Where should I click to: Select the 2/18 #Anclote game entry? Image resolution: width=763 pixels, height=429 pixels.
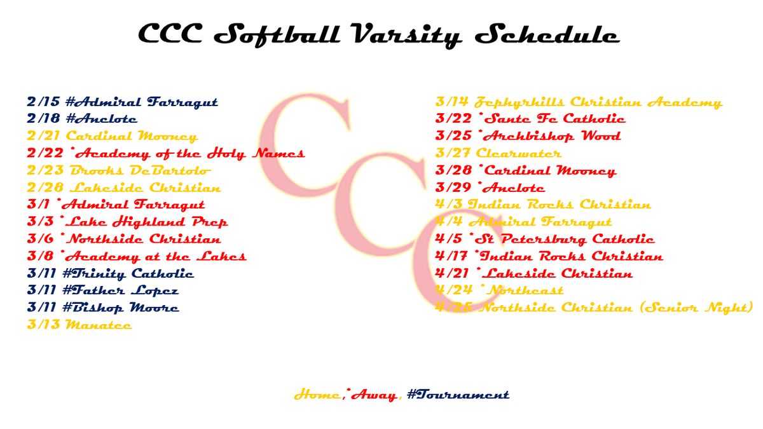click(x=82, y=119)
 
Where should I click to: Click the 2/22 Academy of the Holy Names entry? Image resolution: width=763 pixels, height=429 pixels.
click(x=166, y=153)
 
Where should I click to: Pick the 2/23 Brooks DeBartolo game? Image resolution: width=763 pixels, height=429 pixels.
click(x=119, y=170)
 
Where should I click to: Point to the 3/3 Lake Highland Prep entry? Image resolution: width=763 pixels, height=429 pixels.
click(x=127, y=222)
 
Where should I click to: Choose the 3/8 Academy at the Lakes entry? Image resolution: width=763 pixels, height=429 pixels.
click(x=137, y=256)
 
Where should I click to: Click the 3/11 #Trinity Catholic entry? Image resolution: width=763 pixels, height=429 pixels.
click(x=111, y=273)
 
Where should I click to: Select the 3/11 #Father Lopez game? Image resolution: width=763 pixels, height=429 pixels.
click(x=103, y=290)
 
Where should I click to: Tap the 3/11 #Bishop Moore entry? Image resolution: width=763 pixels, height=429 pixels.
click(x=103, y=308)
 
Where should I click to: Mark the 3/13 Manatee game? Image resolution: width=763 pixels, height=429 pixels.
click(x=79, y=325)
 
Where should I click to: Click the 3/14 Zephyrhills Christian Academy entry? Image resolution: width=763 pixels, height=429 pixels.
click(x=579, y=102)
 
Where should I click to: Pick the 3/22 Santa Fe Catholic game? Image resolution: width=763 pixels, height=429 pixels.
click(x=530, y=119)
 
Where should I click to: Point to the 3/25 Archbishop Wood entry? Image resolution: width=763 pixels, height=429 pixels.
click(x=528, y=136)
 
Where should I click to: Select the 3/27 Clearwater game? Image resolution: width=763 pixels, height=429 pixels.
click(x=498, y=153)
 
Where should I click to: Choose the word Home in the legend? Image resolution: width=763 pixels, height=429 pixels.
click(x=317, y=395)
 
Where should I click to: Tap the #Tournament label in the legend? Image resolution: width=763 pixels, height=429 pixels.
click(x=458, y=395)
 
